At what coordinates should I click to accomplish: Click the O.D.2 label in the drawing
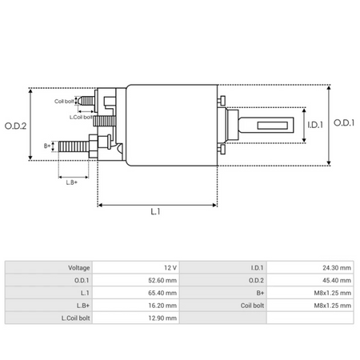pyautogui.click(x=15, y=125)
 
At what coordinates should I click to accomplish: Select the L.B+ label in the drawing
pyautogui.click(x=71, y=182)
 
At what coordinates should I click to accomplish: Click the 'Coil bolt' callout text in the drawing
pyautogui.click(x=65, y=102)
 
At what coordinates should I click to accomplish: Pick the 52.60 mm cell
pyautogui.click(x=162, y=279)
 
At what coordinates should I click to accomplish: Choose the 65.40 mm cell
pyautogui.click(x=162, y=292)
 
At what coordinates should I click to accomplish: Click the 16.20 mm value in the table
pyautogui.click(x=162, y=305)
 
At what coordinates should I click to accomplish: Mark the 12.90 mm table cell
pyautogui.click(x=162, y=318)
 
